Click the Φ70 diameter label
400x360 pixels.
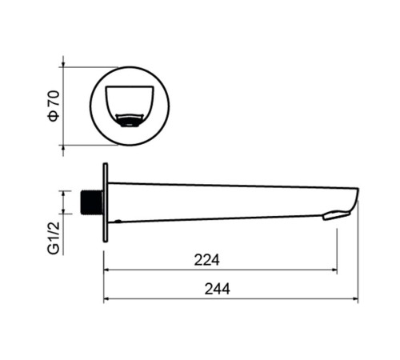click(x=54, y=106)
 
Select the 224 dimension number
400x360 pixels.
click(x=206, y=260)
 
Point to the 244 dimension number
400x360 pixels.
click(x=217, y=289)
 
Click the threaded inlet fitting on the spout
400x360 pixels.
click(x=91, y=202)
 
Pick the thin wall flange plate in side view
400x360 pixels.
click(x=106, y=202)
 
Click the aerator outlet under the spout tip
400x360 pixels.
click(x=336, y=215)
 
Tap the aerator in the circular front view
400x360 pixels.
click(x=130, y=121)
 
